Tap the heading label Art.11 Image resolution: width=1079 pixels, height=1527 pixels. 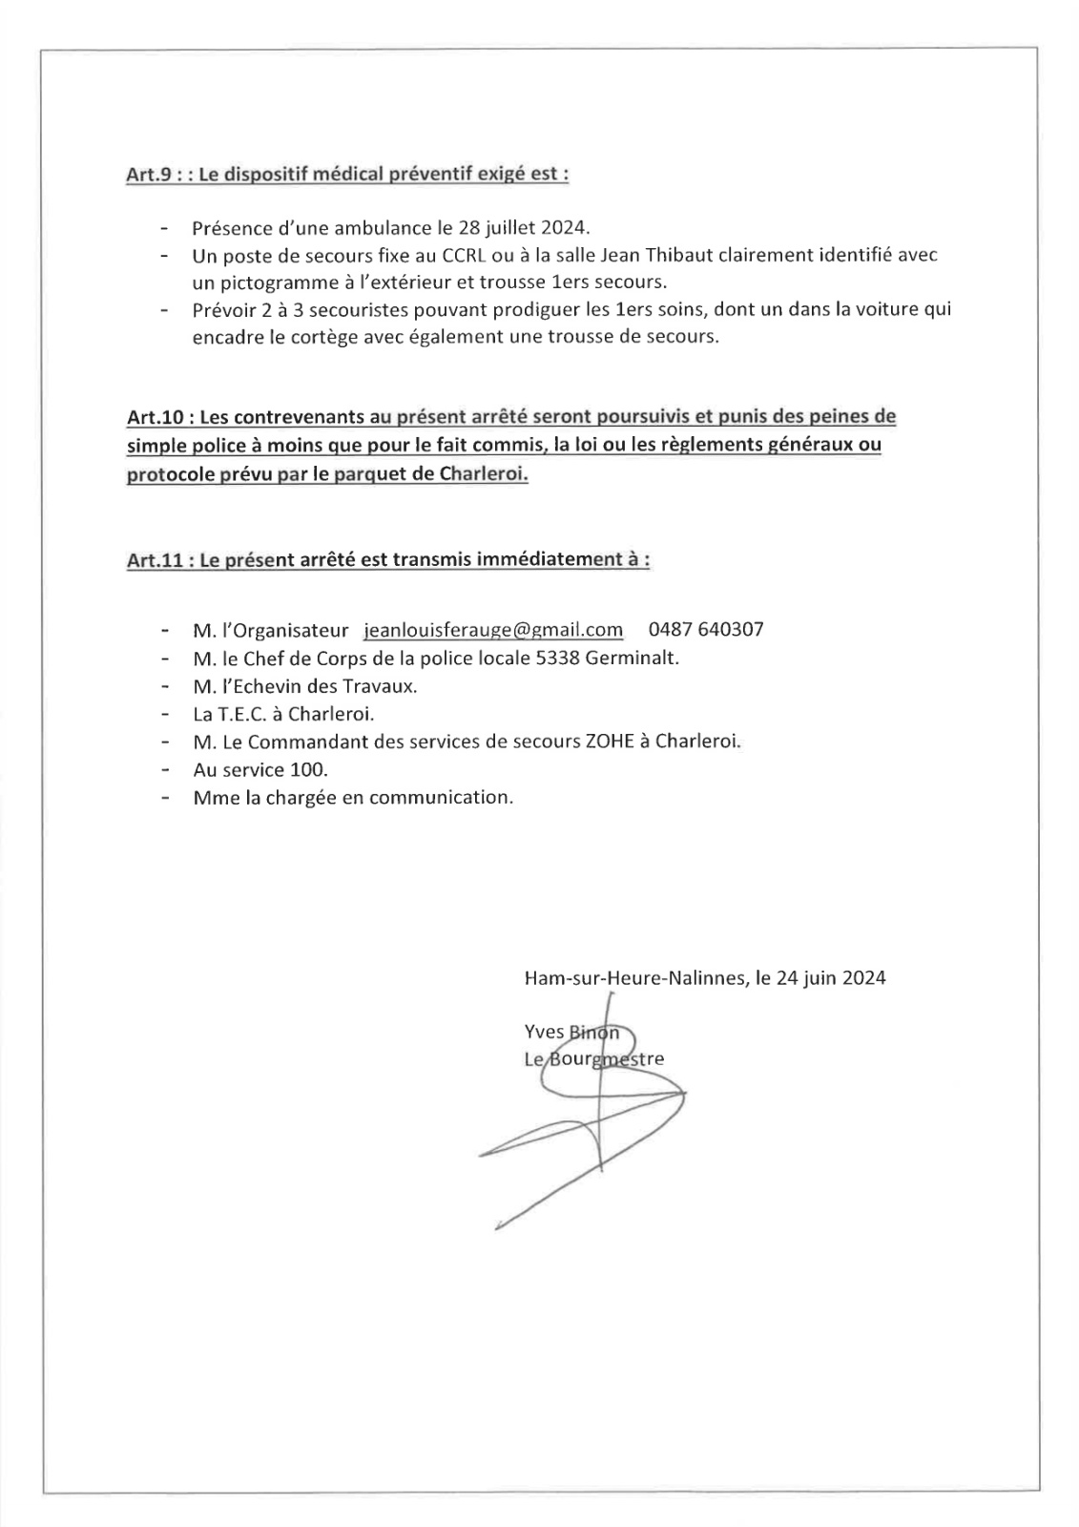coord(154,560)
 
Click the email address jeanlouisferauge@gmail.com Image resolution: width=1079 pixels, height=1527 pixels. coord(493,630)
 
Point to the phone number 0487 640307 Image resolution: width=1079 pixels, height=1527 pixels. coord(705,630)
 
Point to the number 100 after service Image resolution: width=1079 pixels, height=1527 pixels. coord(308,769)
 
